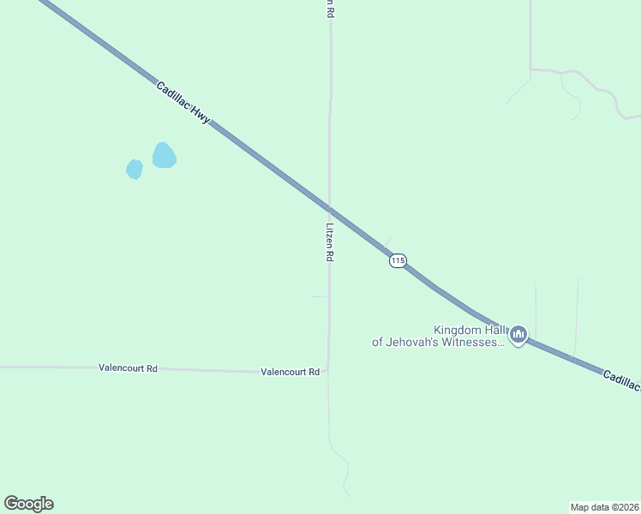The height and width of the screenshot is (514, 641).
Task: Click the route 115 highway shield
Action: [397, 260]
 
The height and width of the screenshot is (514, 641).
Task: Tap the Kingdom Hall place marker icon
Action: [518, 335]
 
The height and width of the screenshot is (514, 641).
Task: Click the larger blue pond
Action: [164, 156]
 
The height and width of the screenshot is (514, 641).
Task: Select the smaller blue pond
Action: [135, 170]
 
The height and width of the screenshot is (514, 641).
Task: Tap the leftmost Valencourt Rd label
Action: [128, 368]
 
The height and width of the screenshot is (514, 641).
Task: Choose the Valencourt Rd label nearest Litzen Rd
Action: [290, 372]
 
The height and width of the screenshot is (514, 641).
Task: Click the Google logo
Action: [28, 504]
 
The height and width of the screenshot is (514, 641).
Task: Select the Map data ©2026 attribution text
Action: [604, 506]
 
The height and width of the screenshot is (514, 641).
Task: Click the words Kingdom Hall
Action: [470, 330]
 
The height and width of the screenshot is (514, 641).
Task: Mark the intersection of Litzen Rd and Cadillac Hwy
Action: [330, 207]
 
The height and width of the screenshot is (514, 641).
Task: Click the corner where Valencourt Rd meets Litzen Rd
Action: [327, 370]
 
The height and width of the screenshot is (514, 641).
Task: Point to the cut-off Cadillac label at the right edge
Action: [620, 381]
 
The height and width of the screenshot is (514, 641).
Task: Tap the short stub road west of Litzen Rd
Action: [320, 296]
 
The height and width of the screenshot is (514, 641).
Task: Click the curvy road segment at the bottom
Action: [344, 467]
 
